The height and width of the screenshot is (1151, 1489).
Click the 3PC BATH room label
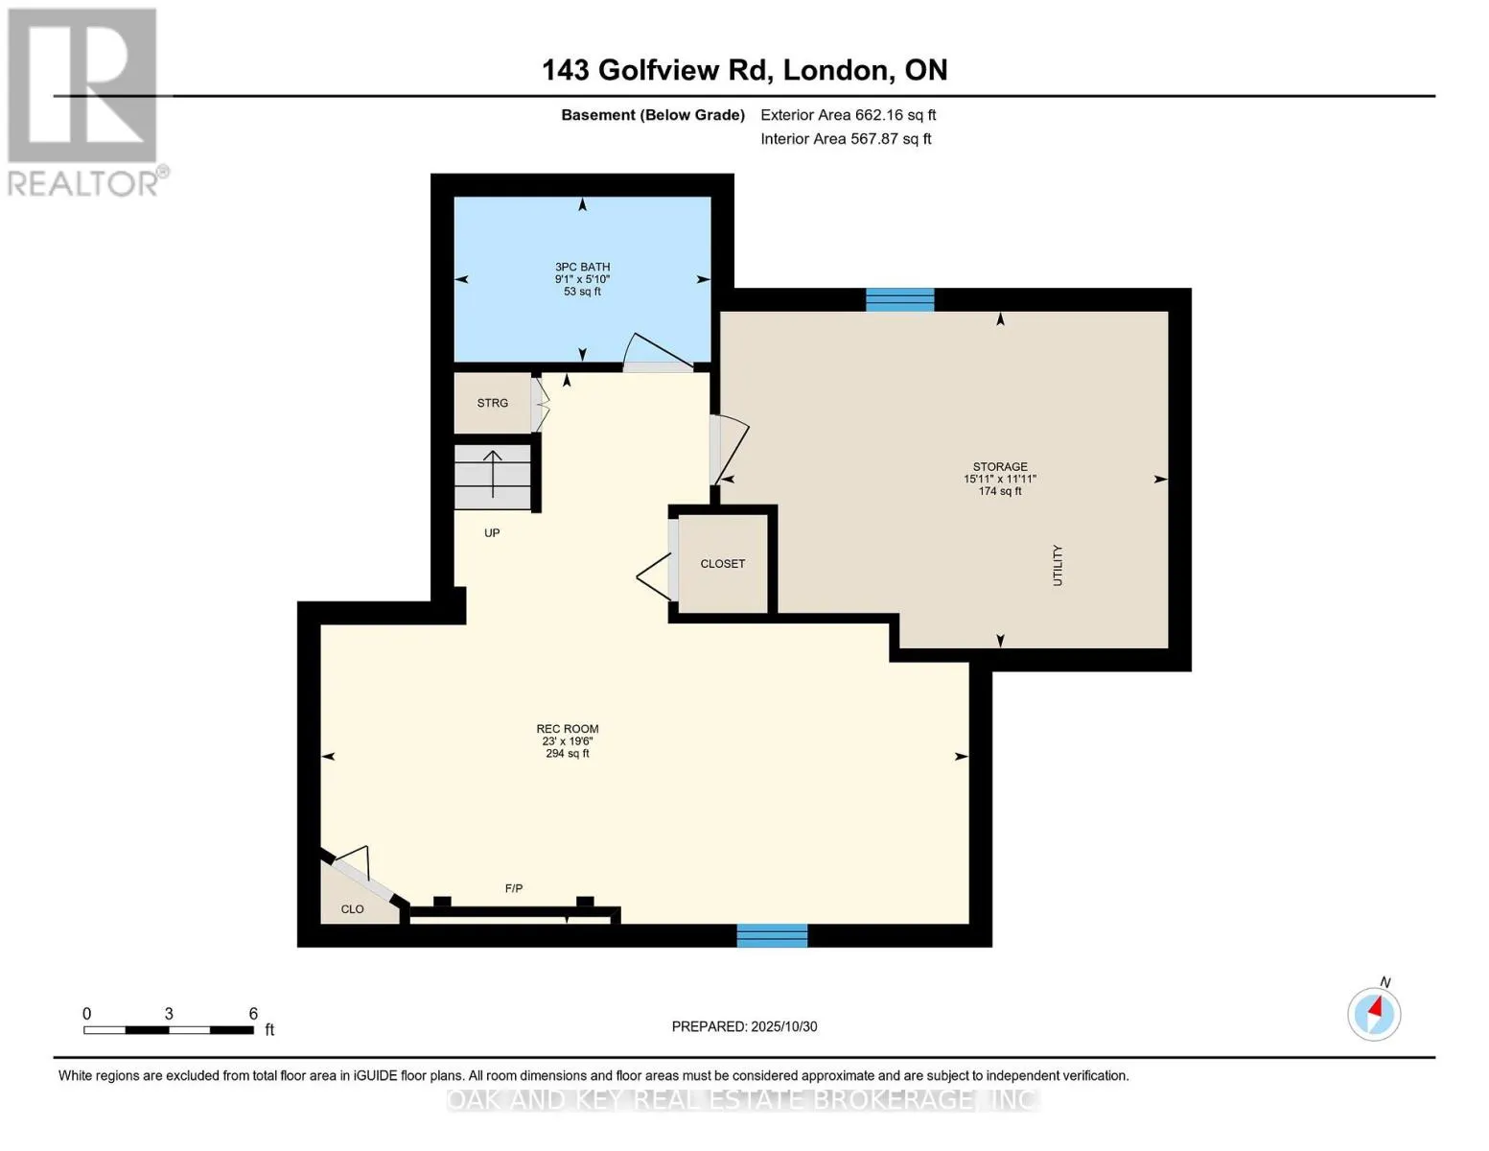click(582, 268)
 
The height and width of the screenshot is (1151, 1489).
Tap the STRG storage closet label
click(493, 403)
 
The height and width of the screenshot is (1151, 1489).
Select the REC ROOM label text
click(568, 729)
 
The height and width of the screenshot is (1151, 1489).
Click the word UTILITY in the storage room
click(1058, 565)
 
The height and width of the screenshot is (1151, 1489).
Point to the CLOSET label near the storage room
click(722, 564)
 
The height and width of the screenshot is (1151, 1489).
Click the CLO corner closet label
click(352, 909)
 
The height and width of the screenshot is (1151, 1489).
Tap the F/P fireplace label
click(514, 889)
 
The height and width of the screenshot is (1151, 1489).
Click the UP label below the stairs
click(492, 533)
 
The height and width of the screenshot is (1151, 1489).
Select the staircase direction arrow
click(493, 473)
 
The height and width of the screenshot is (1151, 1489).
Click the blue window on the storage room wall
click(899, 300)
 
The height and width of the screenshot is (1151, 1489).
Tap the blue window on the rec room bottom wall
click(772, 935)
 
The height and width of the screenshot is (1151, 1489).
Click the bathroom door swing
click(658, 352)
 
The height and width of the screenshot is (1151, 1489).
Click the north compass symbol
click(1374, 1013)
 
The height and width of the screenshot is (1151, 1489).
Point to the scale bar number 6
click(253, 1014)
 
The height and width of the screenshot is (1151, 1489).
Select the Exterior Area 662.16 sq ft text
click(848, 115)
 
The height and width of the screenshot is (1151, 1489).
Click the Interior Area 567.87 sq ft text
click(846, 139)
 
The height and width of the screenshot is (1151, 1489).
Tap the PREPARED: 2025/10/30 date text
click(744, 1026)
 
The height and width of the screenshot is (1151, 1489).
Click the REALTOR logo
click(84, 102)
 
